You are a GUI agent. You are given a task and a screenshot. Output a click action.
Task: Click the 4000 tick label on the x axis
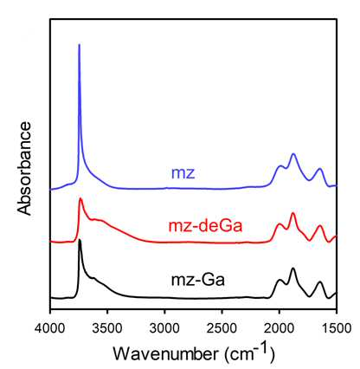click(x=50, y=327)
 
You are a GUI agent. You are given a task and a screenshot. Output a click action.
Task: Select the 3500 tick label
click(x=107, y=327)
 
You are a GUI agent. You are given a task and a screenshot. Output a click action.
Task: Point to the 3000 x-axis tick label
click(x=164, y=327)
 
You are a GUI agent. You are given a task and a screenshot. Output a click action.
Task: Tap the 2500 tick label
click(x=222, y=327)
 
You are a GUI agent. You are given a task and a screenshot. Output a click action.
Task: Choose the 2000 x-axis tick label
click(x=279, y=327)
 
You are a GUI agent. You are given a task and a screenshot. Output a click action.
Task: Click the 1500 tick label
click(x=337, y=327)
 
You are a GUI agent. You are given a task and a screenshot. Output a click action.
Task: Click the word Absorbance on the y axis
click(x=24, y=168)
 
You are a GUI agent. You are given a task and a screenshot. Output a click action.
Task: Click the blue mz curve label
click(x=183, y=173)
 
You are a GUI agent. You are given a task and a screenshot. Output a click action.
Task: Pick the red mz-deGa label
click(x=205, y=226)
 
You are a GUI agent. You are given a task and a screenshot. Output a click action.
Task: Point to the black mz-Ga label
click(x=198, y=280)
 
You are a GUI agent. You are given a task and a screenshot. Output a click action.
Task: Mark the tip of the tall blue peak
click(x=80, y=44)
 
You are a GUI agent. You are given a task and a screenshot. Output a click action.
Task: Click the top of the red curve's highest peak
click(x=80, y=198)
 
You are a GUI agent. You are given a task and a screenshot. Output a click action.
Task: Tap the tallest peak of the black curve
click(x=80, y=240)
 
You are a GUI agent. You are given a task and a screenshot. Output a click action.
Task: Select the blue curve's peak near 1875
click(x=293, y=154)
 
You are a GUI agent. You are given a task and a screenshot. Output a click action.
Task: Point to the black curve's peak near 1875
click(x=293, y=269)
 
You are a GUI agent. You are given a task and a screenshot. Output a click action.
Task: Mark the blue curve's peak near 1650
click(x=319, y=169)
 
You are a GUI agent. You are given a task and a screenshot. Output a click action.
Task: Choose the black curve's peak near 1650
click(x=319, y=282)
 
